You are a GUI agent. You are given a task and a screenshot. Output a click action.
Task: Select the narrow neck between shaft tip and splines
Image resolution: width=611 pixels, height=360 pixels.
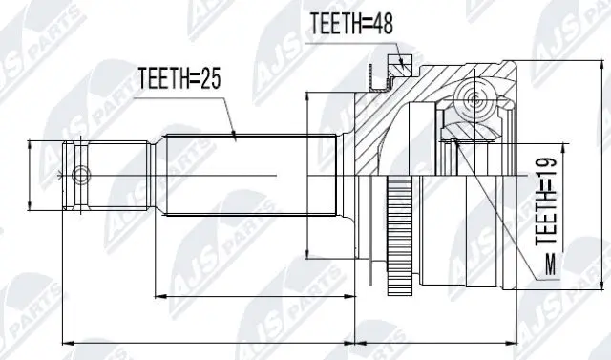(124, 177)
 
